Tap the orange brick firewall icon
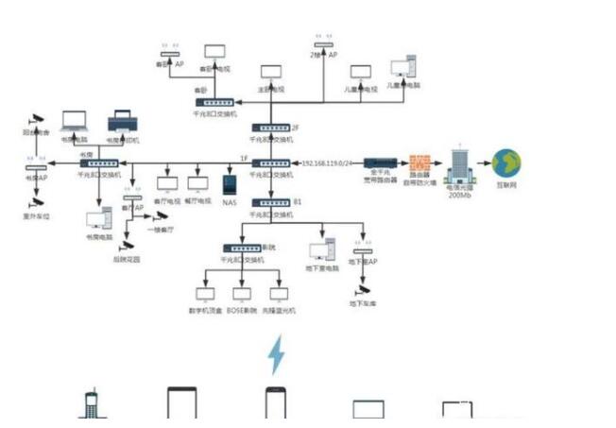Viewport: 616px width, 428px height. (419, 163)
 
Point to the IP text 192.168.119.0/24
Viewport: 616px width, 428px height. (326, 163)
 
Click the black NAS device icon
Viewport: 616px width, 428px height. (229, 183)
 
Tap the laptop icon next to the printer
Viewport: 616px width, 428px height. (75, 122)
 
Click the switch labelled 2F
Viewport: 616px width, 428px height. (270, 127)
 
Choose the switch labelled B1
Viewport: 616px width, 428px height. (270, 202)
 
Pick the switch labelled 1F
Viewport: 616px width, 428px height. (270, 163)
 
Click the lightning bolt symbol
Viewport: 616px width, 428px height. (276, 354)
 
